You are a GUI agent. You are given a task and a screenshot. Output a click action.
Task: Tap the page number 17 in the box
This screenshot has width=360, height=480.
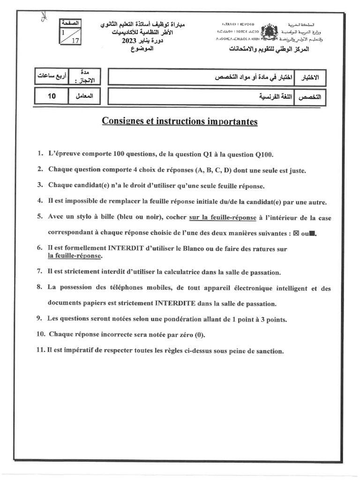[x=75, y=40]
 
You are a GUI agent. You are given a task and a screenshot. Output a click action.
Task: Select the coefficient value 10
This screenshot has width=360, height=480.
[x=52, y=96]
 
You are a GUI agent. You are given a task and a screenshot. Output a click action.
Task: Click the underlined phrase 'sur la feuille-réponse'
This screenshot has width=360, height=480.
[x=223, y=217]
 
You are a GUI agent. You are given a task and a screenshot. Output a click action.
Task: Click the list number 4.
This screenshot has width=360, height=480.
[x=40, y=202]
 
